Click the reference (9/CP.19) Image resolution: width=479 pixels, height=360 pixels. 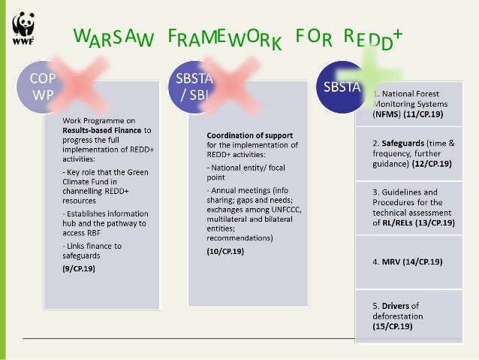click(x=77, y=268)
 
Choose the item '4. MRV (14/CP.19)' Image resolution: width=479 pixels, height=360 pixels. click(x=407, y=262)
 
